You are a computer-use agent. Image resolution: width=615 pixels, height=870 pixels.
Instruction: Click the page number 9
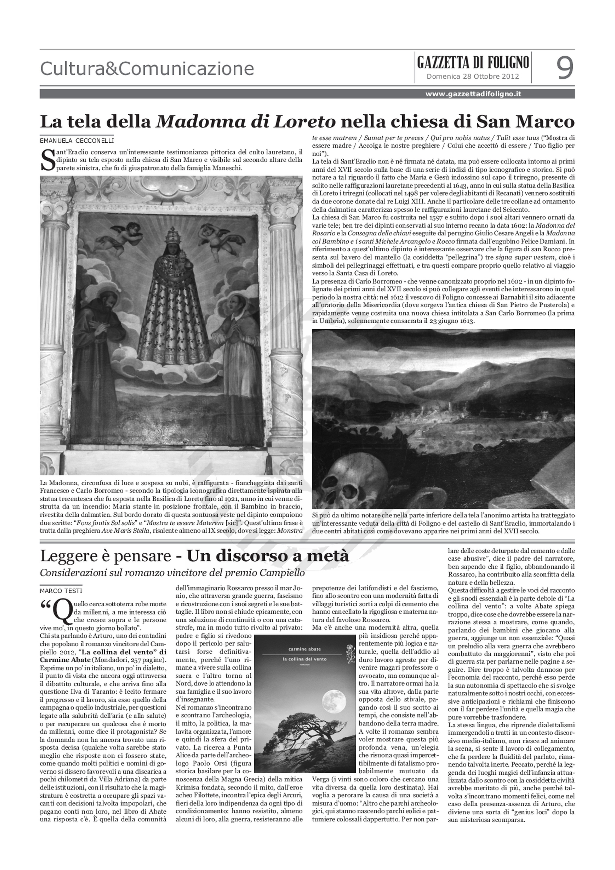tap(564, 68)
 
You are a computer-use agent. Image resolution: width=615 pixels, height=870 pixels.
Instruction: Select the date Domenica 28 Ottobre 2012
tap(473, 76)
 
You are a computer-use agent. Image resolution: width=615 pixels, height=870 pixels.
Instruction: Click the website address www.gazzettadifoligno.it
tap(473, 94)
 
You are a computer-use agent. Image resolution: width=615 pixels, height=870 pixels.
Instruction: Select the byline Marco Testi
tap(61, 590)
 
